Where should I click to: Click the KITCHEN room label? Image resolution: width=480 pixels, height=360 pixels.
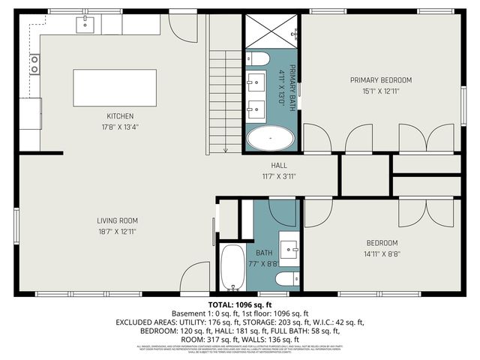point(119,116)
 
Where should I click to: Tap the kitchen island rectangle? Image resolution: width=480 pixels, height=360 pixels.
point(115,88)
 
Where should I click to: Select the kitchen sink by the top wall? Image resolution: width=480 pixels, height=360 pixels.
point(85,25)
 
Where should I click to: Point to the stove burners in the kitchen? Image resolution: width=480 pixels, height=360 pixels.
point(34,64)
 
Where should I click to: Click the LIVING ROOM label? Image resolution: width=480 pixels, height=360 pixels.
point(117,220)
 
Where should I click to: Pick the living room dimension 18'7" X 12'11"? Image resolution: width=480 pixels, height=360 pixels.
point(117,232)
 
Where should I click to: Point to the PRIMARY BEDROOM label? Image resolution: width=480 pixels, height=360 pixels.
point(381,79)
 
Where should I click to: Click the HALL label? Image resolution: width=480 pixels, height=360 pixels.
point(279,165)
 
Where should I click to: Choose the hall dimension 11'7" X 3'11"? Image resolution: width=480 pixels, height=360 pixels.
point(279,176)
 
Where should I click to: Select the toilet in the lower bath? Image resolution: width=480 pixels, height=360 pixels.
point(286,280)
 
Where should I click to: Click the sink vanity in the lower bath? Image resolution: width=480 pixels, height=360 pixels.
point(289,244)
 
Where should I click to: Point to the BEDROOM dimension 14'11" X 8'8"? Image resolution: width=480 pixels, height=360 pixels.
point(381,254)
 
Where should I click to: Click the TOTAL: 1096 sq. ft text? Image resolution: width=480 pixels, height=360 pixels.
point(239,304)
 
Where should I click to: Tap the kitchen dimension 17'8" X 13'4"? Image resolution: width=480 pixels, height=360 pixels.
point(119,127)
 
